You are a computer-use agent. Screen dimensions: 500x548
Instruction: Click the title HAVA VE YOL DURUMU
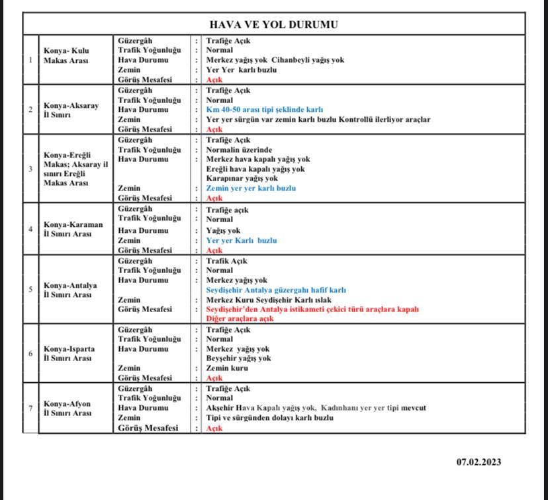[273, 24]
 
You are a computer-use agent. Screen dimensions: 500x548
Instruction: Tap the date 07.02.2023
[479, 462]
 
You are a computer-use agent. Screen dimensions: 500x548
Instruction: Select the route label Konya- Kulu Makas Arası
[66, 55]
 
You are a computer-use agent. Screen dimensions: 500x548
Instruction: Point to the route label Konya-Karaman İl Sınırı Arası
[73, 229]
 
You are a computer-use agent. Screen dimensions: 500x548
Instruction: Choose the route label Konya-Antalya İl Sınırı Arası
[70, 290]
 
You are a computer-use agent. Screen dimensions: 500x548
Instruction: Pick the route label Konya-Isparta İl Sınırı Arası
[69, 353]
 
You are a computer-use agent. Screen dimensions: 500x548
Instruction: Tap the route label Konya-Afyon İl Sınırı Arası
[67, 408]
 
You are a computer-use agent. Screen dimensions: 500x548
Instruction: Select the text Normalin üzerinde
[239, 149]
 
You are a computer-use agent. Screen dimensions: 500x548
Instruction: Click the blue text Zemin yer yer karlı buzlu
[251, 188]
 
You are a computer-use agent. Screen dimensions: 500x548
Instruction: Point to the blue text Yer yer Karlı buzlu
[241, 241]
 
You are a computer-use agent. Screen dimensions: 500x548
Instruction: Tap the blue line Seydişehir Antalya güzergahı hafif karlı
[276, 290]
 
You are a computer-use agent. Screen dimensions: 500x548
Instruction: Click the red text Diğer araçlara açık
[240, 319]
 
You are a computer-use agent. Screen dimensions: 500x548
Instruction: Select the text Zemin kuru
[227, 368]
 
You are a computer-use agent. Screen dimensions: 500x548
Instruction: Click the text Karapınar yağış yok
[242, 179]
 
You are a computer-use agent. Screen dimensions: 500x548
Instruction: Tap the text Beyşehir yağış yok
[238, 358]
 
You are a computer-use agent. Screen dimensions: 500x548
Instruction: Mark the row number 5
[30, 290]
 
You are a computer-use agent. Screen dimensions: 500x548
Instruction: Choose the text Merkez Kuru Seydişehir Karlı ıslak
[269, 300]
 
